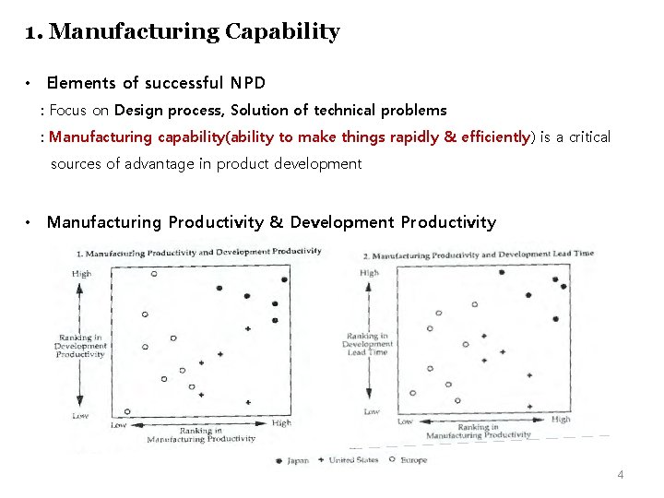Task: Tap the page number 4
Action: click(x=621, y=475)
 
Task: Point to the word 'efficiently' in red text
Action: click(x=487, y=137)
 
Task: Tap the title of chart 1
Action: click(x=198, y=252)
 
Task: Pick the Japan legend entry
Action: click(x=292, y=460)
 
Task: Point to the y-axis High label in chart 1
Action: click(x=82, y=274)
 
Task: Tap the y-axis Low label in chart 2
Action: click(x=371, y=411)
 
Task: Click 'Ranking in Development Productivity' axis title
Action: click(x=80, y=346)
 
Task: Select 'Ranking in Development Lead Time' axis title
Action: click(x=366, y=344)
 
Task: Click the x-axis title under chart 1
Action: click(x=201, y=434)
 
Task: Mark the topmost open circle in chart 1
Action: click(x=154, y=273)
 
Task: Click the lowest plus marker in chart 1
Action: click(x=248, y=402)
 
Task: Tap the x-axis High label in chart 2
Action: click(x=561, y=420)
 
